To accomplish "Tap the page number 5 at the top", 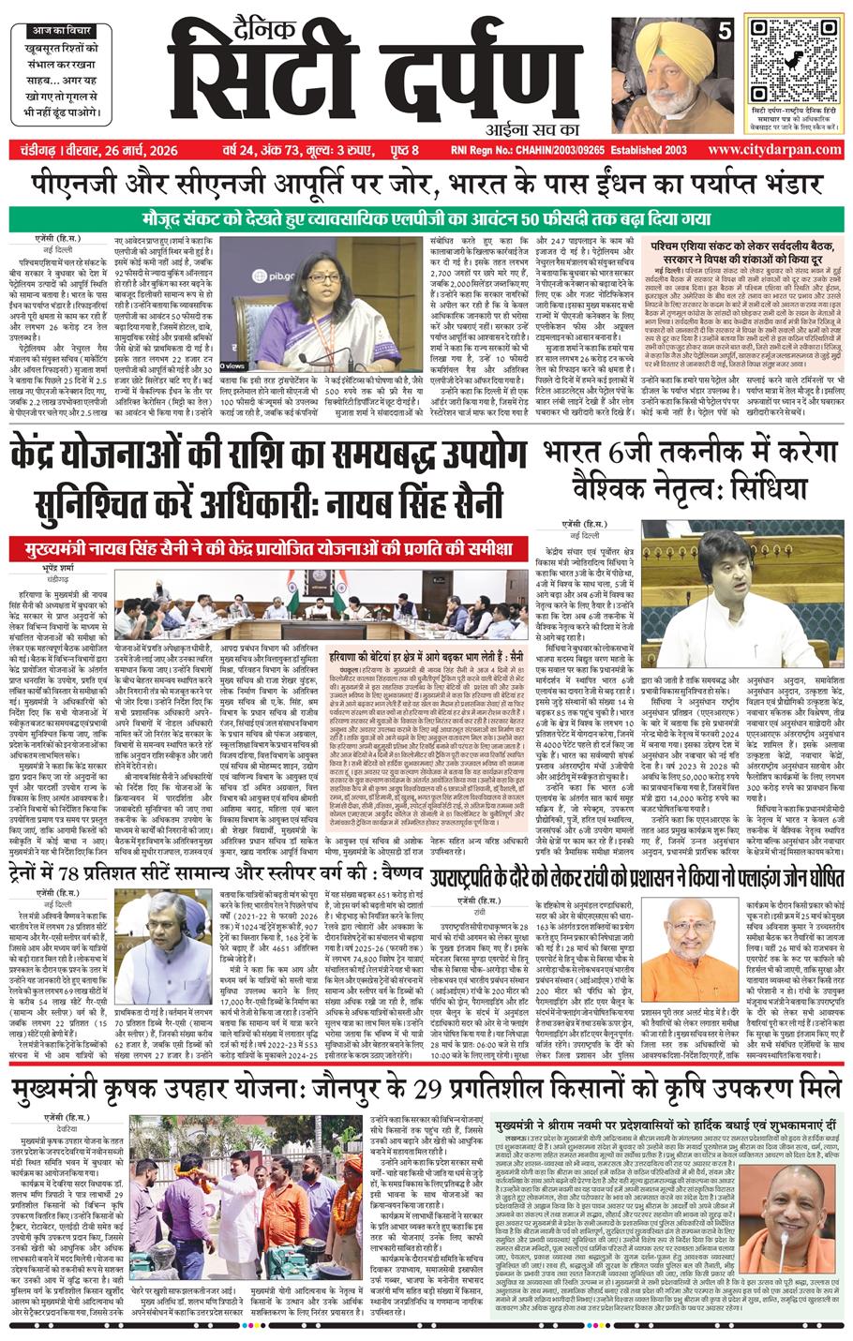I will pyautogui.click(x=724, y=31).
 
